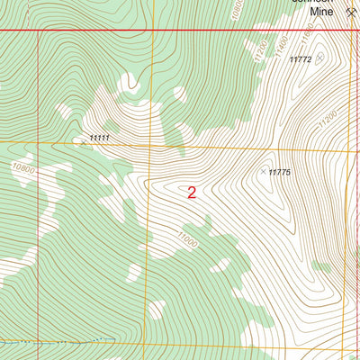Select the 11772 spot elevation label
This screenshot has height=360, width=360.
[x=301, y=59]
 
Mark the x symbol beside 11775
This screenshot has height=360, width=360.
[x=264, y=171]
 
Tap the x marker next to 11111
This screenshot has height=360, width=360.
[x=83, y=141]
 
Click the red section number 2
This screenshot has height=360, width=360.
[x=192, y=192]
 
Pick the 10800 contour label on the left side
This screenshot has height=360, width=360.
[x=23, y=168]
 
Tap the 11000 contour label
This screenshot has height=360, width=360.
[x=186, y=240]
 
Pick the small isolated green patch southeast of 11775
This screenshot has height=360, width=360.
[x=339, y=267]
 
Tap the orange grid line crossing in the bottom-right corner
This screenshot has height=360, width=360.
[x=345, y=349]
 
